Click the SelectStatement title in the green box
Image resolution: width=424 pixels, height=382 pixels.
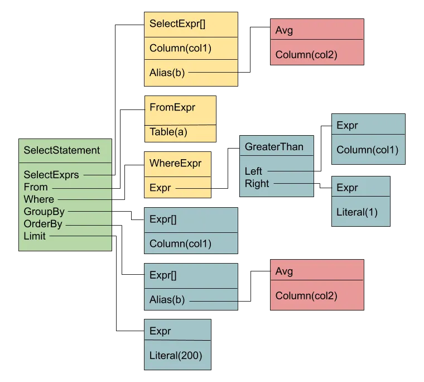point(61,150)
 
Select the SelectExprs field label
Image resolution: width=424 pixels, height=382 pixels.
point(51,175)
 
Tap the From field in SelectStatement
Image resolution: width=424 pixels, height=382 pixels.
point(36,187)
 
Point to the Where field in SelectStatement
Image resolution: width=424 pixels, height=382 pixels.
point(39,199)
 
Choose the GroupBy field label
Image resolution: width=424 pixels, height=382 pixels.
point(44,212)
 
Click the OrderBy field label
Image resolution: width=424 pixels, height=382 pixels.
point(43,224)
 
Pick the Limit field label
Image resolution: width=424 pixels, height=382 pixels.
point(35,236)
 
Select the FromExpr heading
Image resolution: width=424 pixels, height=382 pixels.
point(172,107)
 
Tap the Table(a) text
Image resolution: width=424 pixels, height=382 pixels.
point(168,132)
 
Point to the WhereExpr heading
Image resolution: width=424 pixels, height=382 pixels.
point(175,164)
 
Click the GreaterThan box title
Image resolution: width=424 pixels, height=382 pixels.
point(274,147)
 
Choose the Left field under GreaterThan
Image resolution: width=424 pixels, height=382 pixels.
point(253,171)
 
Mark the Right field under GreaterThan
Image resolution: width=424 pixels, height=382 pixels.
point(257,183)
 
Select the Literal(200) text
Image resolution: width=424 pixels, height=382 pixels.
point(175,355)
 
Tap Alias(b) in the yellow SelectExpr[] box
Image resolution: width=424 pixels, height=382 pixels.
point(167,72)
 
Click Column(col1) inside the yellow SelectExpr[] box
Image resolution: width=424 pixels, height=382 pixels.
point(180,48)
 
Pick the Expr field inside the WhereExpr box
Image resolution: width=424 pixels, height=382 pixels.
point(160,188)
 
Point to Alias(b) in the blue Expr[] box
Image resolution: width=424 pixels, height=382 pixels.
point(167,300)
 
